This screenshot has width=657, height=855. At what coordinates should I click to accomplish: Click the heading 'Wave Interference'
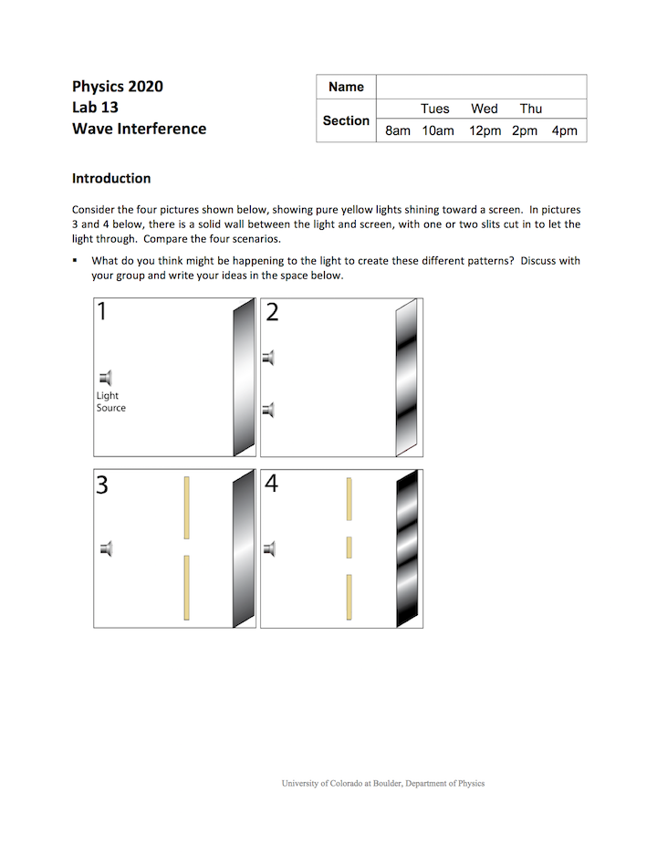click(x=139, y=129)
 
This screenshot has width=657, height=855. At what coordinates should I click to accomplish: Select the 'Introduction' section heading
click(x=111, y=178)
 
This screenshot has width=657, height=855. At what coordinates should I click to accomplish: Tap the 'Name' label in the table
click(x=346, y=87)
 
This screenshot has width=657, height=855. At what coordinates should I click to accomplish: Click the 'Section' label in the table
click(x=346, y=120)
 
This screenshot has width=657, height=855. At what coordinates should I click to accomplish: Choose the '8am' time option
click(x=398, y=130)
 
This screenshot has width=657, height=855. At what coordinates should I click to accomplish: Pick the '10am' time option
click(x=437, y=130)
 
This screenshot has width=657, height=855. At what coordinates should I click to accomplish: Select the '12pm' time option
click(x=485, y=130)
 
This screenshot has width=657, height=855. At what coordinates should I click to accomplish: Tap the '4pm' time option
click(x=564, y=130)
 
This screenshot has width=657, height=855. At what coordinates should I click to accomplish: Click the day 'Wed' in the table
click(x=485, y=109)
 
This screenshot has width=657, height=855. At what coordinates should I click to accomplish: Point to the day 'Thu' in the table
click(x=531, y=109)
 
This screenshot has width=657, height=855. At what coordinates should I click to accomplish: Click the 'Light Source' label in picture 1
click(x=110, y=401)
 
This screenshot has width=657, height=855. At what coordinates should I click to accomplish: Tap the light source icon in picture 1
click(x=107, y=377)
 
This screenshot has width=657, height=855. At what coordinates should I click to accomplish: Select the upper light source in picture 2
click(x=268, y=357)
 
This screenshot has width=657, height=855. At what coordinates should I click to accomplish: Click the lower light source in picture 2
click(x=268, y=410)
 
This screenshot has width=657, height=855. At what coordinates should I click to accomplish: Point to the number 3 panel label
click(x=102, y=485)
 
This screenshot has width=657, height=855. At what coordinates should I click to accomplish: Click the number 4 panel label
click(x=271, y=484)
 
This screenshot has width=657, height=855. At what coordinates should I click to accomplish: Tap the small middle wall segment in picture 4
click(x=349, y=547)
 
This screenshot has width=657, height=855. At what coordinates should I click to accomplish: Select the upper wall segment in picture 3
click(x=186, y=507)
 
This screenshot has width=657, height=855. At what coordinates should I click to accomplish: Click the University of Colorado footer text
click(x=383, y=783)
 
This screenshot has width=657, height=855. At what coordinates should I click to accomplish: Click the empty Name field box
click(x=481, y=87)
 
